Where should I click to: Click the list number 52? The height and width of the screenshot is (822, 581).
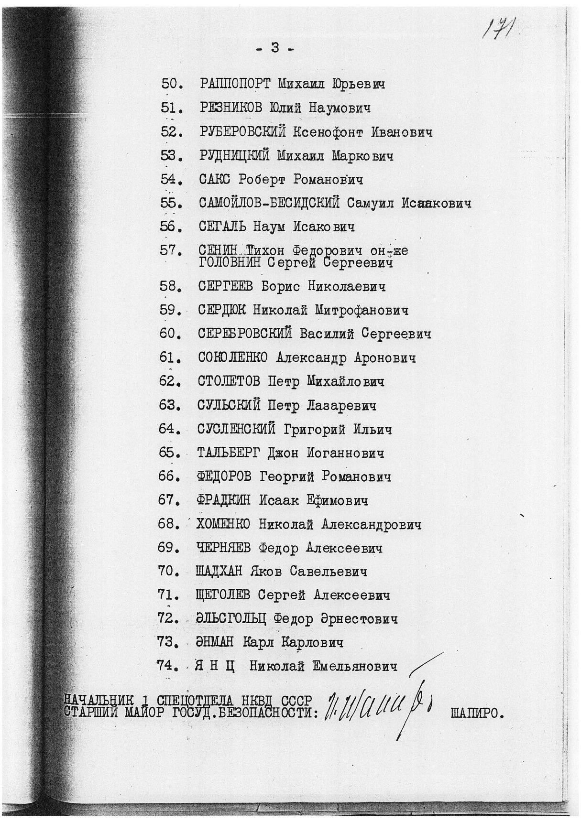point(170,132)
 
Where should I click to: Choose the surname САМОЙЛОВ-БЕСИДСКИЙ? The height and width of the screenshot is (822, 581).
point(269,204)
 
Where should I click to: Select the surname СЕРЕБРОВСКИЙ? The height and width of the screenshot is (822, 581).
point(244,334)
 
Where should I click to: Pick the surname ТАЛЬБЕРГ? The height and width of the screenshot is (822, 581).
point(228,453)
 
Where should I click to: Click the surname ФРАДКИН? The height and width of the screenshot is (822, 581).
point(224,501)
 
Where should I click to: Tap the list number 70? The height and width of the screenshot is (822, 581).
point(168,572)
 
